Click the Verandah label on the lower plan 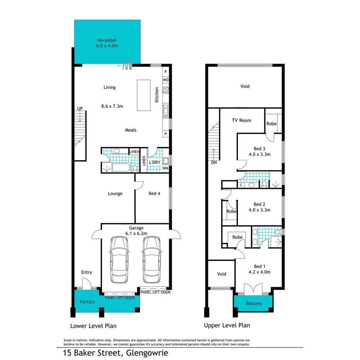pyautogui.click(x=107, y=40)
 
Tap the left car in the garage pyautogui.click(x=119, y=260)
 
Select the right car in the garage pyautogui.click(x=151, y=260)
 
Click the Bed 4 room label pyautogui.click(x=154, y=194)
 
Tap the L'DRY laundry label pyautogui.click(x=155, y=162)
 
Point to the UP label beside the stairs pyautogui.click(x=80, y=109)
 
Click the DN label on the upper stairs pyautogui.click(x=214, y=163)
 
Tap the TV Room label pyautogui.click(x=241, y=120)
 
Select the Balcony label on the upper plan pyautogui.click(x=254, y=303)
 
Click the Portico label pyautogui.click(x=87, y=302)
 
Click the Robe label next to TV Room pyautogui.click(x=272, y=124)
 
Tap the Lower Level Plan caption pyautogui.click(x=93, y=326)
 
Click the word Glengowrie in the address pyautogui.click(x=145, y=353)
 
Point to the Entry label pyautogui.click(x=87, y=272)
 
